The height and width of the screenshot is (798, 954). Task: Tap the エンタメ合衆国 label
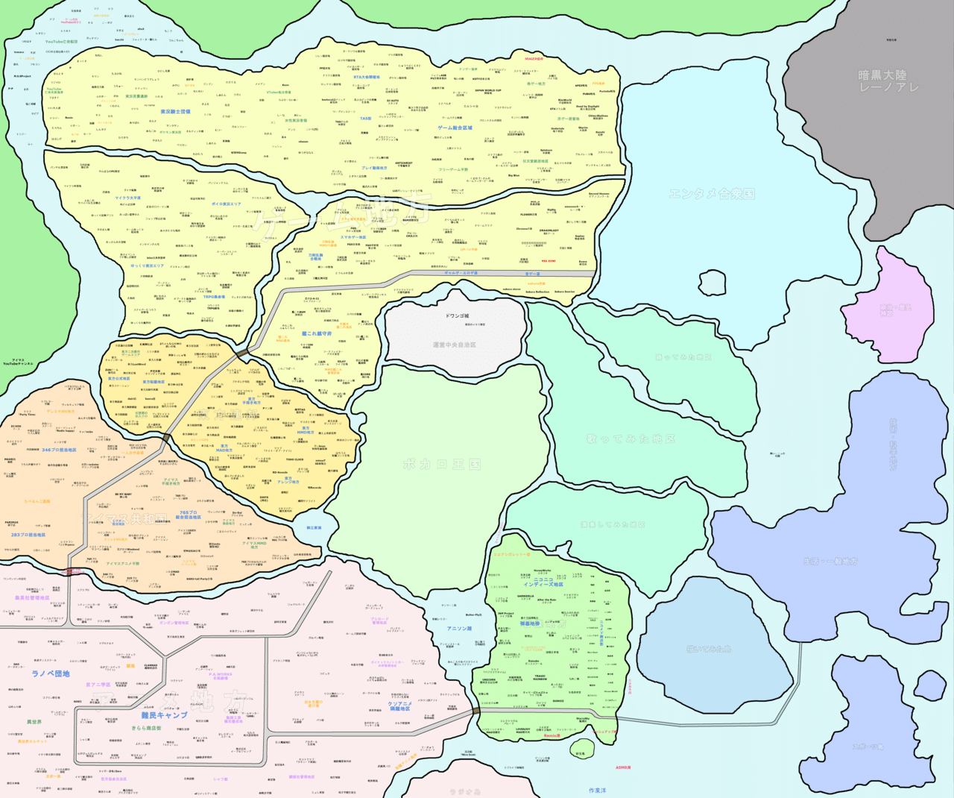point(711,194)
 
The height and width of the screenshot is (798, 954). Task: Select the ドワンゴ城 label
point(457,316)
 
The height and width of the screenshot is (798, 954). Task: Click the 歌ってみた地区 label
point(631,439)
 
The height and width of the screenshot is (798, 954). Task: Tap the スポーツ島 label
point(868,747)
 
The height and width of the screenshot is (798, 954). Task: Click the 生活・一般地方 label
point(830,561)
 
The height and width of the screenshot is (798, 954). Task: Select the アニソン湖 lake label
point(459,629)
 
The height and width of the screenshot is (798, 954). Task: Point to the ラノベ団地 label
point(51,673)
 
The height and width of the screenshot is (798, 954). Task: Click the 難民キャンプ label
point(164,715)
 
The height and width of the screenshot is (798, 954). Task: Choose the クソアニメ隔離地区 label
point(400,706)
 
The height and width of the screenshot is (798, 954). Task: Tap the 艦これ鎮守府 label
point(317,334)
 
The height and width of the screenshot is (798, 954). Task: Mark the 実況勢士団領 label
point(175,112)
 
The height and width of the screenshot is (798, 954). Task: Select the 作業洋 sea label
point(597,790)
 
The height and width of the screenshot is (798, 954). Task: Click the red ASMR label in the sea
point(623,767)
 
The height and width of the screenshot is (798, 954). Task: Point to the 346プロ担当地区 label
point(59,450)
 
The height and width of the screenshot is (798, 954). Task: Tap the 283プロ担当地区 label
point(28,535)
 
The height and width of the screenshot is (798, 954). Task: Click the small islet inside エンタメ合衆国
point(712,283)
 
